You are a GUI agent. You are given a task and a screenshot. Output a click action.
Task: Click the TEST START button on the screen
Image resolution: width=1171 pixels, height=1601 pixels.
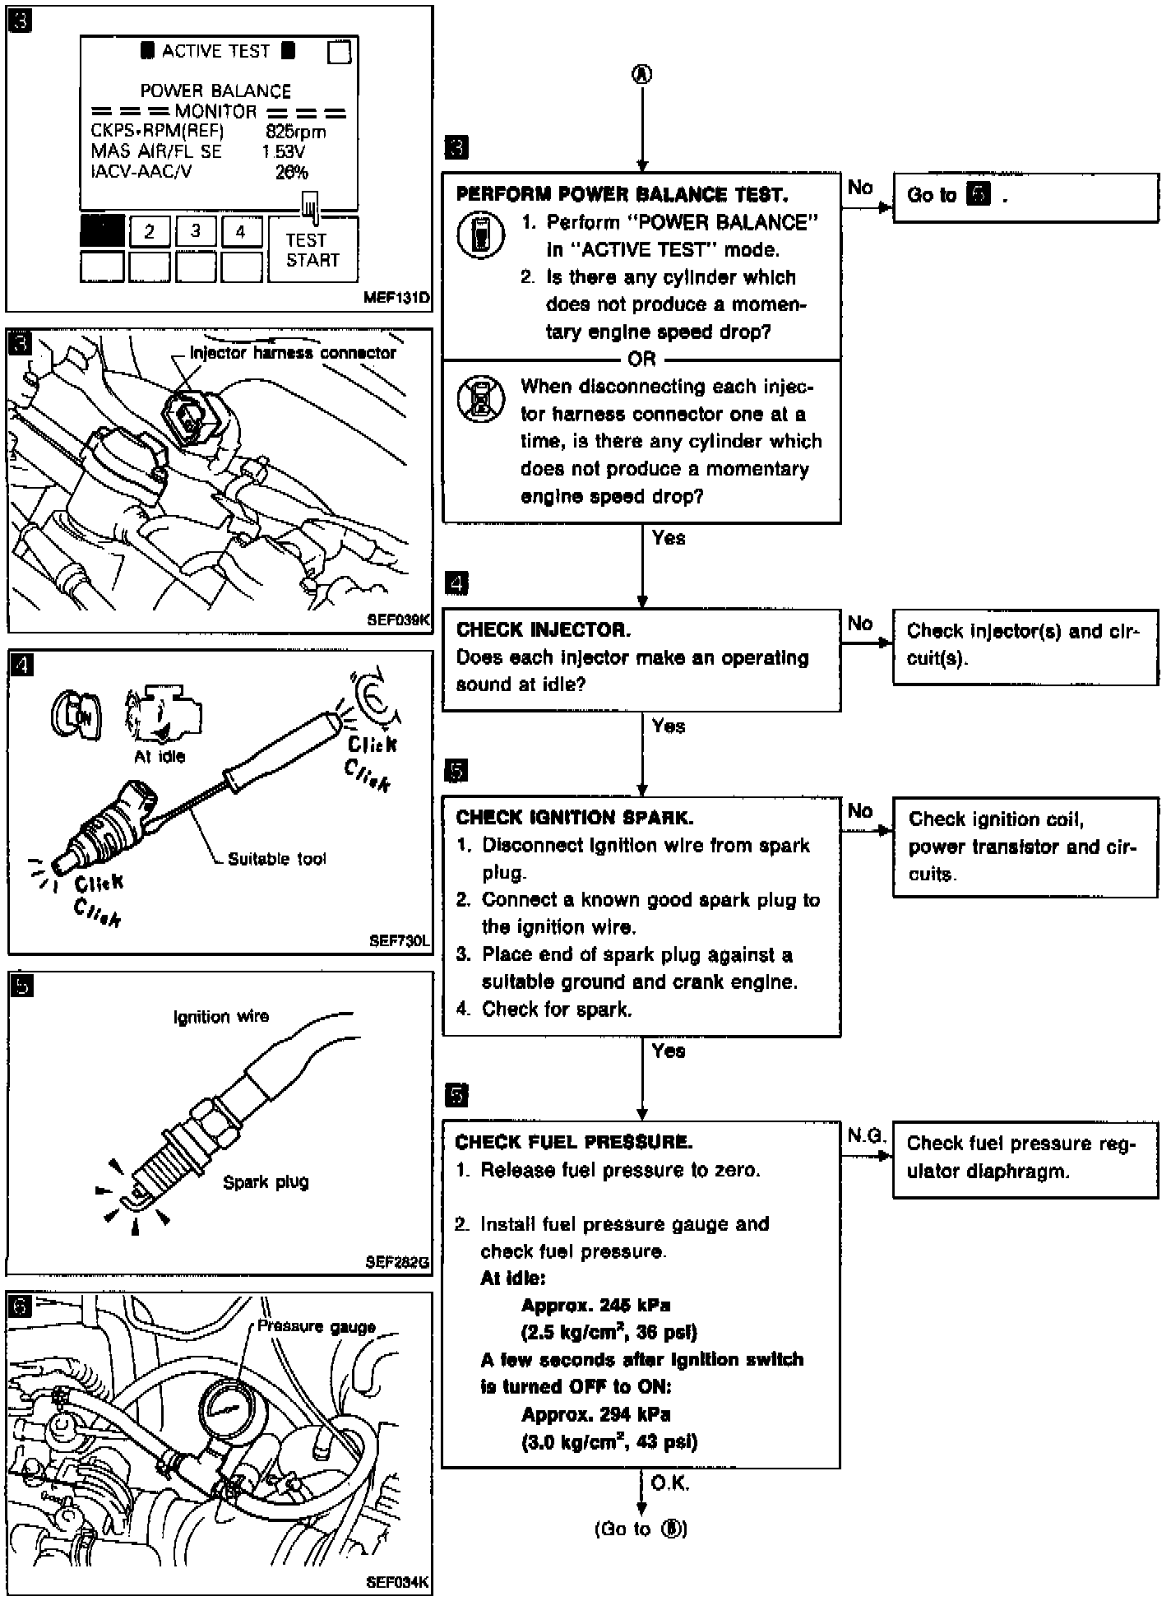coord(312,250)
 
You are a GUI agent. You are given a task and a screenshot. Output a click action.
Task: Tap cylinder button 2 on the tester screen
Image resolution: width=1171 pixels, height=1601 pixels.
coord(149,231)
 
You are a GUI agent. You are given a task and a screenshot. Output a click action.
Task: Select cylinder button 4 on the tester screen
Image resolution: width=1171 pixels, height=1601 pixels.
coord(241,231)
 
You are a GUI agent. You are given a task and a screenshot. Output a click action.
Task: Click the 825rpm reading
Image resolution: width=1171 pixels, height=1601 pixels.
coord(295,132)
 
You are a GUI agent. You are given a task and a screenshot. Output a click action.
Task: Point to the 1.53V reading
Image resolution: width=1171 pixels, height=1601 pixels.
coord(283,151)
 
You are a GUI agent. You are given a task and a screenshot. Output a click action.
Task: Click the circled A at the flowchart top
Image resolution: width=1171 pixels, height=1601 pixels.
coord(641,74)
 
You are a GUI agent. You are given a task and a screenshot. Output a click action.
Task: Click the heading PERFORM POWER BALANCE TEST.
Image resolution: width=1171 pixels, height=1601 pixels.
coord(622,195)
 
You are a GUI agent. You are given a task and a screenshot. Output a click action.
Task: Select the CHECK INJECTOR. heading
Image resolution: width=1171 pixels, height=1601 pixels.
coord(544,630)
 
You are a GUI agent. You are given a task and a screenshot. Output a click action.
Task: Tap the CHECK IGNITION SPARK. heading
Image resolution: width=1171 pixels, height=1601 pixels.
coord(574,818)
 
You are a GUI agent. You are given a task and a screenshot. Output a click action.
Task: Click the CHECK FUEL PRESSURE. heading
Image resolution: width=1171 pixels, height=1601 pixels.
coord(573,1142)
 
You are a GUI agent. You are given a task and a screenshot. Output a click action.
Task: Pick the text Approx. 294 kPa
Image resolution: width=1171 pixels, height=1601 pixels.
coord(595,1414)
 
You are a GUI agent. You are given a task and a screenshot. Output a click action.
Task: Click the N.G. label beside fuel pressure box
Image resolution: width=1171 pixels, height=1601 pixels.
coord(865,1136)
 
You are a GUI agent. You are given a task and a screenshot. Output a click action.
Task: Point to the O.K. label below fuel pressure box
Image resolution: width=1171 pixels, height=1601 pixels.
coord(669,1483)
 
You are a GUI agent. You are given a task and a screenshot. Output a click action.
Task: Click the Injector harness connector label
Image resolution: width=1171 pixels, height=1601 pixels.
coord(293,353)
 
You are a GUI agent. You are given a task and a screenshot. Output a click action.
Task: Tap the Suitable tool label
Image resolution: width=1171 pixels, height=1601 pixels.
coord(276,859)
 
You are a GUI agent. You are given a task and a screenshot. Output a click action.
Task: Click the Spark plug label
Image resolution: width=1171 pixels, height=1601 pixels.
coord(266,1182)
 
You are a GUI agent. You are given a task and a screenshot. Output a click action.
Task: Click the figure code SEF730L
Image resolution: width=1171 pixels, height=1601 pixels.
coord(400,940)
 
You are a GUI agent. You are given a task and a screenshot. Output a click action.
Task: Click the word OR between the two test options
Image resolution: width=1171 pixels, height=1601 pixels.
coord(641,360)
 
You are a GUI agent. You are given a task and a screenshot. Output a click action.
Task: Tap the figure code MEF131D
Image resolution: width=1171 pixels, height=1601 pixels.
coord(396,298)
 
